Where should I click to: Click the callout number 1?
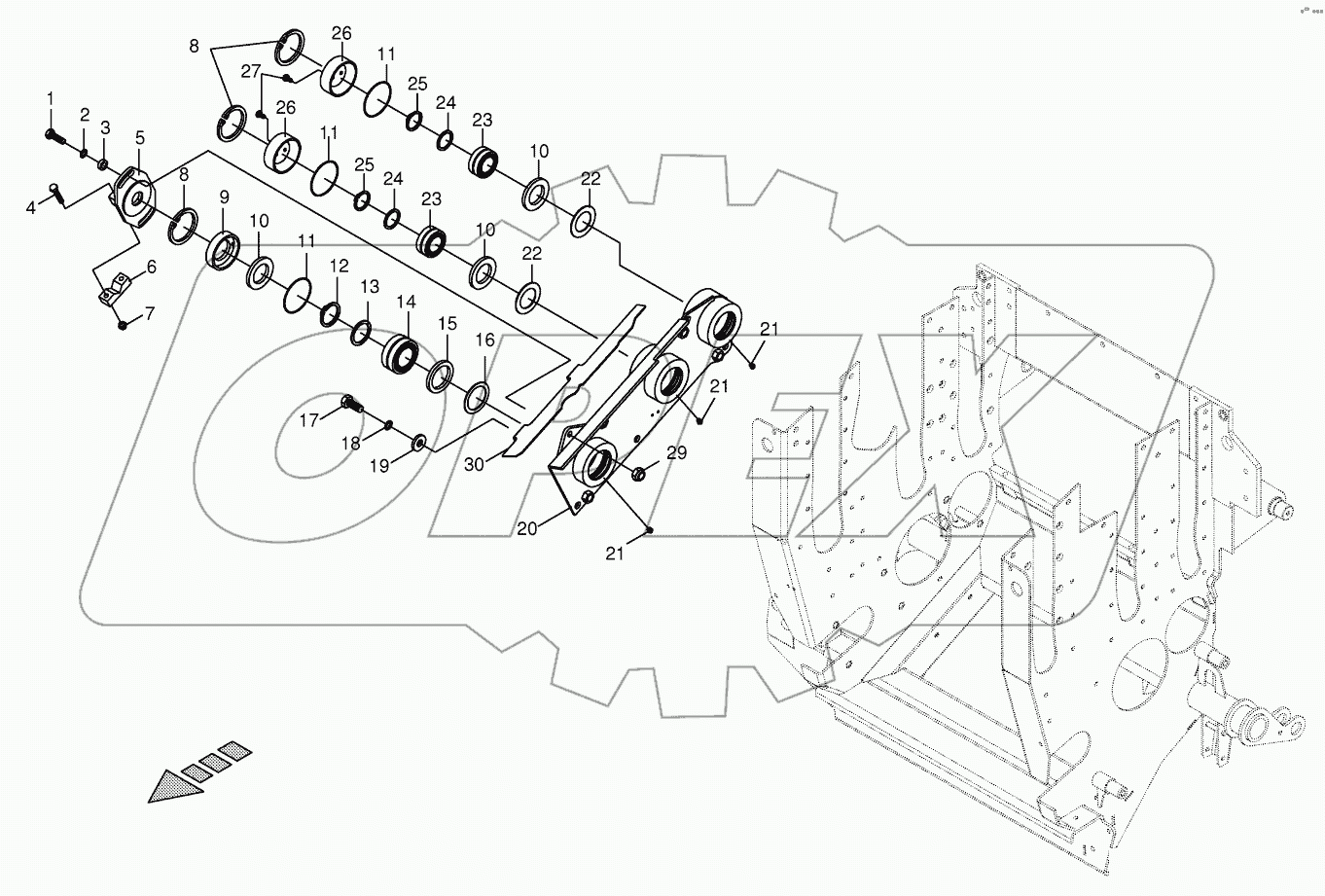click(50, 99)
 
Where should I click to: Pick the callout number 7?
click(149, 313)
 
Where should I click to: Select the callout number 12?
click(338, 266)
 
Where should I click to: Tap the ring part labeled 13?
click(360, 332)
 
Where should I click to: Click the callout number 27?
click(250, 71)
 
